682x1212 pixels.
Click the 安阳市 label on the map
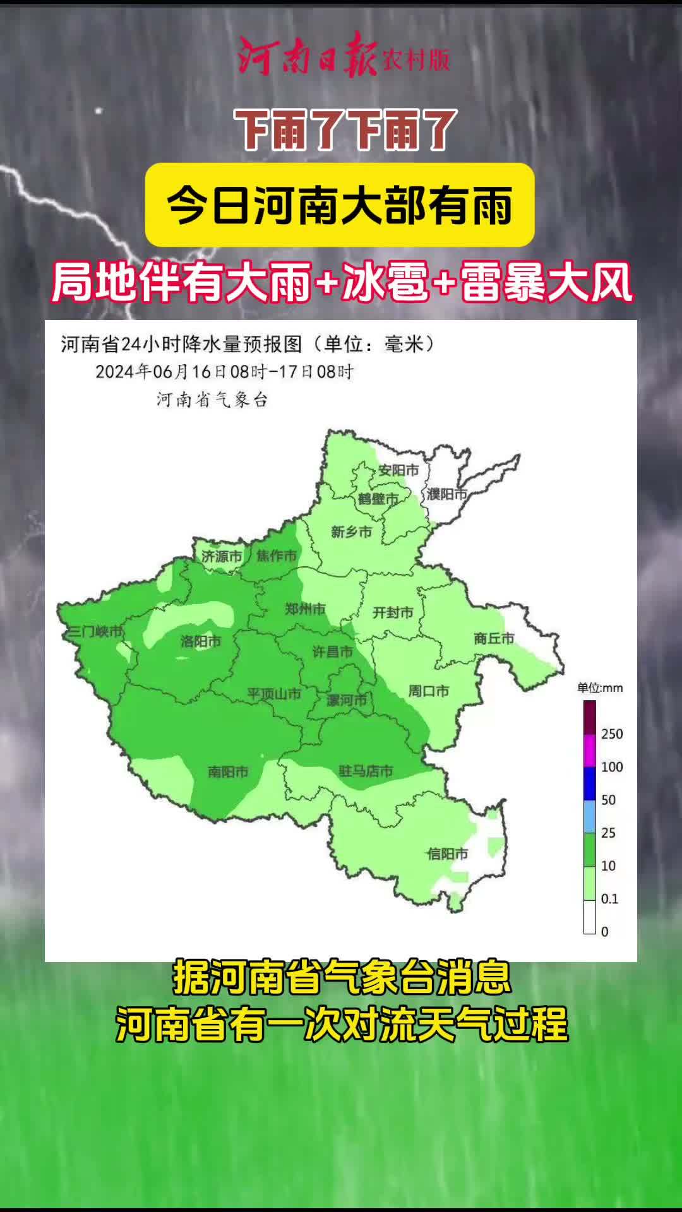pyautogui.click(x=398, y=470)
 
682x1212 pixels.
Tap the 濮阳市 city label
pyautogui.click(x=446, y=494)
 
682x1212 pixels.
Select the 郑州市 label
pyautogui.click(x=305, y=609)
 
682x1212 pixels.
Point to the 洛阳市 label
pyautogui.click(x=200, y=641)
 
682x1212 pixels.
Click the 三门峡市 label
pyautogui.click(x=94, y=631)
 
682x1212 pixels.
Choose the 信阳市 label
pyautogui.click(x=447, y=854)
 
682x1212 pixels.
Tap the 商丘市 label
pyautogui.click(x=494, y=638)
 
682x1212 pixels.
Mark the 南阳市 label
pyautogui.click(x=228, y=771)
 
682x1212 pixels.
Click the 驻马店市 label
pyautogui.click(x=366, y=771)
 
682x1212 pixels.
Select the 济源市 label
pyautogui.click(x=222, y=556)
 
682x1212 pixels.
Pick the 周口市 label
pyautogui.click(x=428, y=691)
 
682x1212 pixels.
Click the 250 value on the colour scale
pyautogui.click(x=611, y=734)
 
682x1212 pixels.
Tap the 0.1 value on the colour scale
pyautogui.click(x=609, y=898)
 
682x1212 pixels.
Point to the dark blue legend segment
pyautogui.click(x=589, y=783)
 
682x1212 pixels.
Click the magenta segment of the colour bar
pyautogui.click(x=589, y=751)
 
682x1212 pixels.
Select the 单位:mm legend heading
pyautogui.click(x=599, y=688)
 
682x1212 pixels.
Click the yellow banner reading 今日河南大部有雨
pyautogui.click(x=340, y=205)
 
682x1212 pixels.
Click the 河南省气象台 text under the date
pyautogui.click(x=212, y=400)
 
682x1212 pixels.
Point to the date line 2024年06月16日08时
pyautogui.click(x=224, y=371)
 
